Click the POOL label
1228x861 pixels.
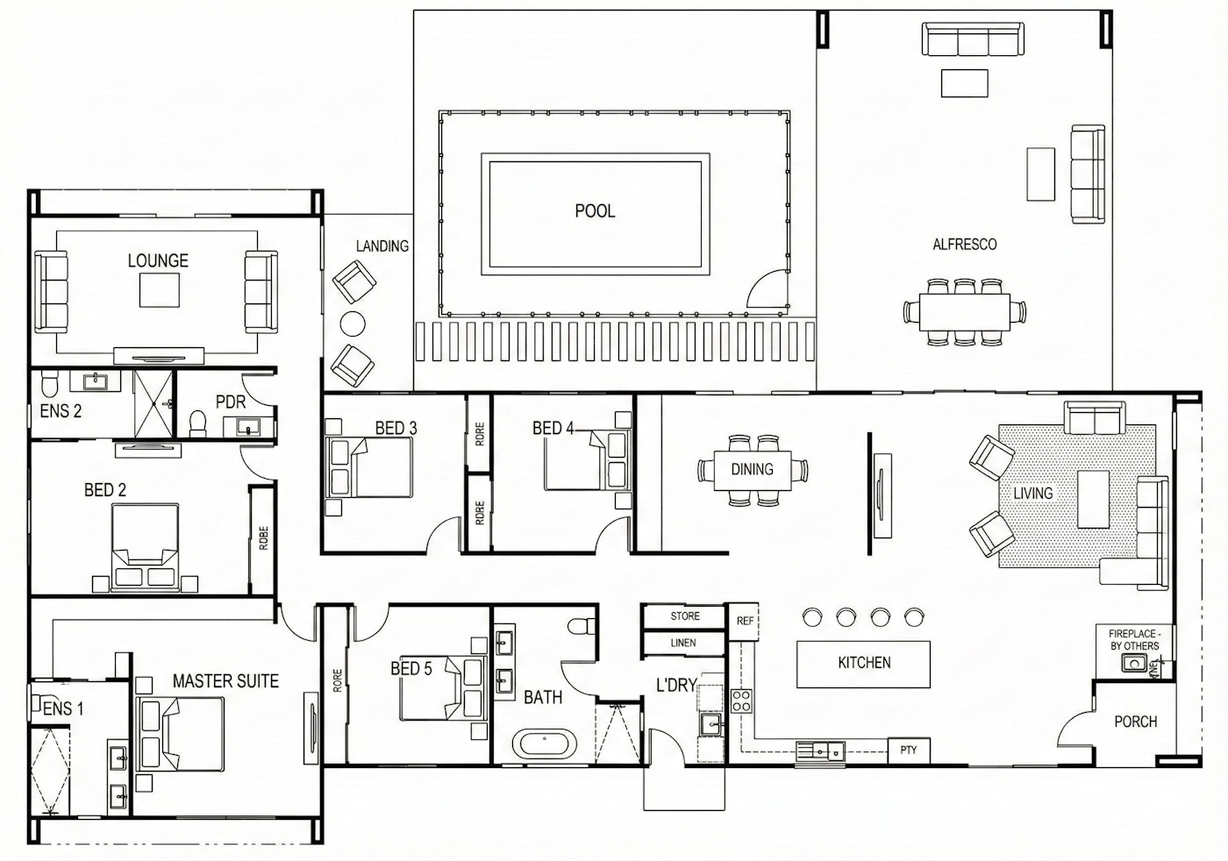[595, 211]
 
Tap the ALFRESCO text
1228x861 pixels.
[965, 244]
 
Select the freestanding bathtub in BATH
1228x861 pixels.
[545, 744]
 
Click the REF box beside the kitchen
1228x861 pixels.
[744, 621]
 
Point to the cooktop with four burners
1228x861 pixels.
[741, 701]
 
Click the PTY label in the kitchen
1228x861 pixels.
[909, 750]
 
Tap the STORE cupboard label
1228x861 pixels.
[685, 616]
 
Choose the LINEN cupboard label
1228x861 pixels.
[683, 643]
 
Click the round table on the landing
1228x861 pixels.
[353, 324]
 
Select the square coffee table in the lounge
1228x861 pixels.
[160, 290]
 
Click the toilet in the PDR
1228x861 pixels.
[197, 423]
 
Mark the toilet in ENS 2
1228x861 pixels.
[48, 384]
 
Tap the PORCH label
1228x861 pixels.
[1136, 722]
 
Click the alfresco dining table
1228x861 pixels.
[965, 312]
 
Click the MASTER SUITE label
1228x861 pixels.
[226, 681]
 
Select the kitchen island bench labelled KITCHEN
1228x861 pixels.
[864, 664]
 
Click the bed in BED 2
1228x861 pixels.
[146, 548]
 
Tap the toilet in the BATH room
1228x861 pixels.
[581, 625]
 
